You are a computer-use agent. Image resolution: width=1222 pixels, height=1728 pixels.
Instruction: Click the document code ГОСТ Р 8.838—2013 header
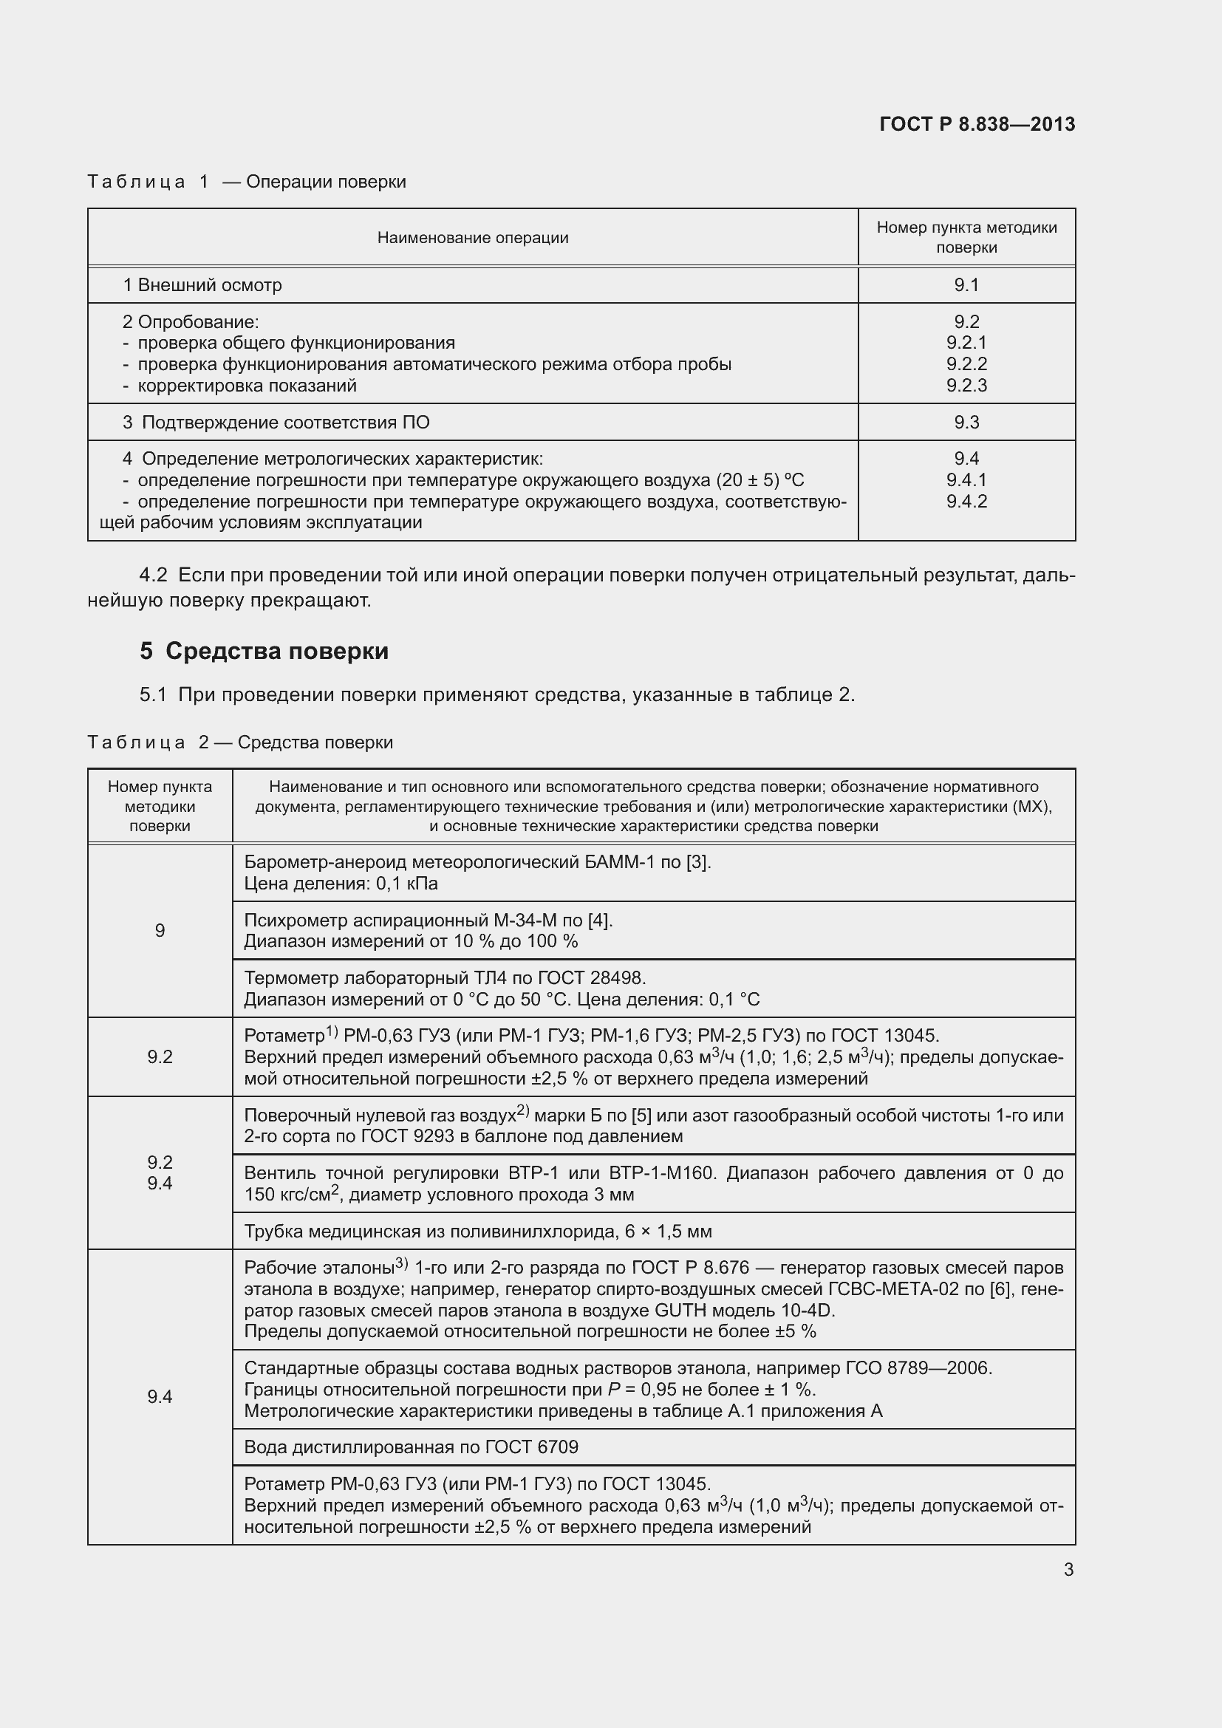tap(977, 124)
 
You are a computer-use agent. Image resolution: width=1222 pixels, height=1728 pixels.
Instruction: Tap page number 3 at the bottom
tap(1068, 1569)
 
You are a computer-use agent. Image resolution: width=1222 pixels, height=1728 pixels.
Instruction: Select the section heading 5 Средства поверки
tap(264, 650)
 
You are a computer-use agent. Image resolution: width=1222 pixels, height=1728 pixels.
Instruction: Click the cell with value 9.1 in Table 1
tap(966, 284)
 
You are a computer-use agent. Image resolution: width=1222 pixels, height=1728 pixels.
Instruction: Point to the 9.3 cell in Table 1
tap(966, 423)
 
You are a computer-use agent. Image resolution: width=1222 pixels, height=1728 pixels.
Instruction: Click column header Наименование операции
tap(473, 238)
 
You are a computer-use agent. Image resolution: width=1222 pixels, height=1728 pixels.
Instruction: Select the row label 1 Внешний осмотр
tap(202, 285)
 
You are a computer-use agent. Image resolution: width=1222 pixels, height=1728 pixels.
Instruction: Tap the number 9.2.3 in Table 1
tap(966, 386)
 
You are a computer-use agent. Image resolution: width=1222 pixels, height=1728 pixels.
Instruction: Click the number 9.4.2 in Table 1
tap(966, 501)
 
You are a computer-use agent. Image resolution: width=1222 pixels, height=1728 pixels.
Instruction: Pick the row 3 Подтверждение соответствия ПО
tap(276, 423)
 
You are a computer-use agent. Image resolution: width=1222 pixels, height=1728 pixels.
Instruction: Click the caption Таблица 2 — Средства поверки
tap(240, 742)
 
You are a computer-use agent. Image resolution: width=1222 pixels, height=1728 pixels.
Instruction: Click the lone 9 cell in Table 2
tap(160, 931)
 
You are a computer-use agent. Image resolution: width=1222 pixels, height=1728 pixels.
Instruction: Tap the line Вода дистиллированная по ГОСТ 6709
tap(411, 1447)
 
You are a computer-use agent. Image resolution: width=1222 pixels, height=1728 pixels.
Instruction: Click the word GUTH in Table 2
tap(681, 1311)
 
